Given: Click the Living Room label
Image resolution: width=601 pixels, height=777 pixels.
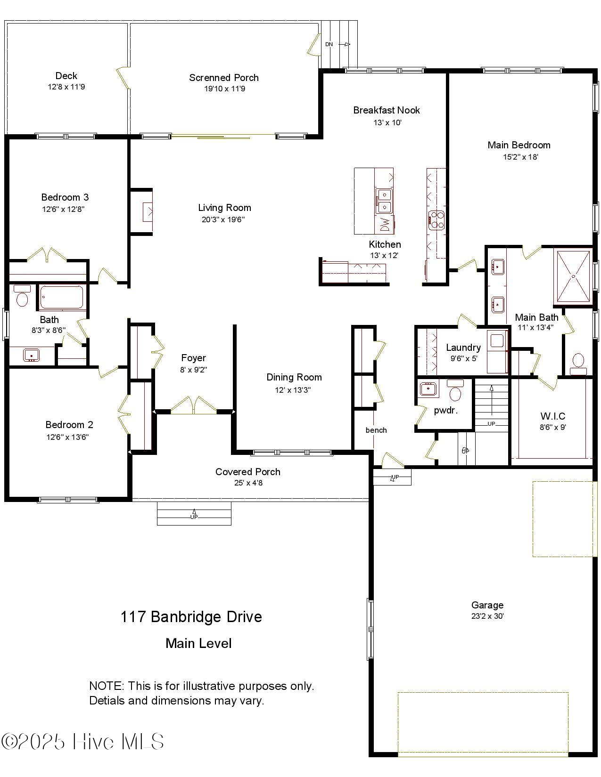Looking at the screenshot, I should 224,208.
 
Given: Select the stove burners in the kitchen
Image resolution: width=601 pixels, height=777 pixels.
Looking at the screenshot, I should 436,220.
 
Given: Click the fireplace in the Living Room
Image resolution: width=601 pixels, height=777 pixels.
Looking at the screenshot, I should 148,211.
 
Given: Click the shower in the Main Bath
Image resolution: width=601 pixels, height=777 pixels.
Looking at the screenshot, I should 573,276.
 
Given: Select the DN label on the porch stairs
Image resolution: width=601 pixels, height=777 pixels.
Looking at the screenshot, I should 329,44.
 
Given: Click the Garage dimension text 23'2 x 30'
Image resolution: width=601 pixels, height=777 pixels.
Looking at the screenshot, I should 487,616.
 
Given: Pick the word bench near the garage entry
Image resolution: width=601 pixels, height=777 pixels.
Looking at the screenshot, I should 376,430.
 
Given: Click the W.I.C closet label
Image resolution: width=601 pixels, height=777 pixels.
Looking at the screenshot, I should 552,416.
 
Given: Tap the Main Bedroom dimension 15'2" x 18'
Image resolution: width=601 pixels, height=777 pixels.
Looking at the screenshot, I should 520,157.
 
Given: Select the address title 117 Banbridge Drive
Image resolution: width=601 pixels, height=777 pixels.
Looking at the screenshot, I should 191,616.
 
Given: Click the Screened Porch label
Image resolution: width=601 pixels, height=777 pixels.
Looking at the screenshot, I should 224,78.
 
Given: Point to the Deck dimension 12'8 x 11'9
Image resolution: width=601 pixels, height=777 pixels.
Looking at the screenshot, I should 66,87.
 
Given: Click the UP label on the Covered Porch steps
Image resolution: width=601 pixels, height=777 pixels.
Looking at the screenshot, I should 194,517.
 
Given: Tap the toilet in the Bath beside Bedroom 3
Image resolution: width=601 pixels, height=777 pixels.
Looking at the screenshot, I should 22,298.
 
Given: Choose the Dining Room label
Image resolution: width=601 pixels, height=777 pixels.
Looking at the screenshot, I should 294,377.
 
